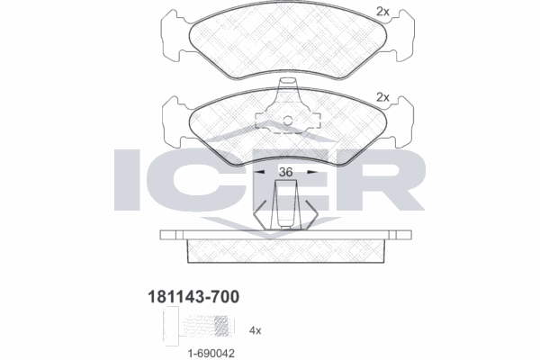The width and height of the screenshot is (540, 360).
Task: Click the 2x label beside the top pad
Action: point(382,12)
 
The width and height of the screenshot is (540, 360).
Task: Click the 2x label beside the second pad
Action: point(382,96)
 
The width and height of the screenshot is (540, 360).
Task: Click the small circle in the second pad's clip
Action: point(288,122)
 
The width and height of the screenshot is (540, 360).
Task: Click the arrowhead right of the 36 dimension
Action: point(315,171)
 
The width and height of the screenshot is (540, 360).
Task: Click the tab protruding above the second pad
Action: point(288,86)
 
